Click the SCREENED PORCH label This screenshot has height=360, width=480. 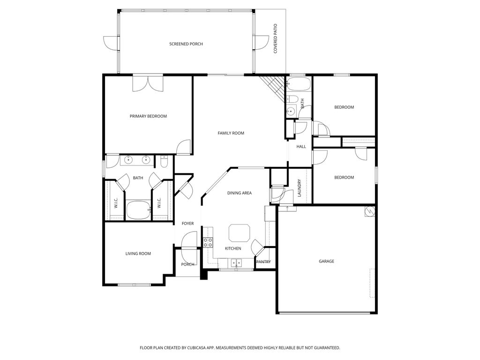coord(186,44)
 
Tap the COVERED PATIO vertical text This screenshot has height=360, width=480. coord(276,38)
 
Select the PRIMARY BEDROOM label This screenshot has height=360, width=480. coord(148,116)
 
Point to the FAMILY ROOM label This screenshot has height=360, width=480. coord(231,133)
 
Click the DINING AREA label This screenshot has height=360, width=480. coord(240,193)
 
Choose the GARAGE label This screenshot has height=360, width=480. coord(326,261)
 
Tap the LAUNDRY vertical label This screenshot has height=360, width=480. coord(300,188)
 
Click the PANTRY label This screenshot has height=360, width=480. coord(263,262)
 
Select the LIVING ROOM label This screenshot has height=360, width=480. coord(138,254)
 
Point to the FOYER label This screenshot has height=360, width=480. coord(187,224)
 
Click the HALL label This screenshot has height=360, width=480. coord(301,147)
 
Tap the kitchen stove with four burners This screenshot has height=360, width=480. coord(208,242)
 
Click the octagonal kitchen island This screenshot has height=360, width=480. coord(239,232)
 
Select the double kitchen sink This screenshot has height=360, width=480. coord(236,262)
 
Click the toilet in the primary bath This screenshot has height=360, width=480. coord(164,162)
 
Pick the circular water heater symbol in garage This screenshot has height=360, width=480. coord(369,212)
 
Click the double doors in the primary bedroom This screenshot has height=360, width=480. coord(148,83)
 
